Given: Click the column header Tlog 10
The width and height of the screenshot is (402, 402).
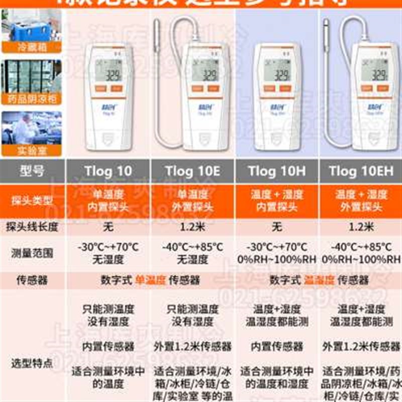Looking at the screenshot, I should (x=108, y=171).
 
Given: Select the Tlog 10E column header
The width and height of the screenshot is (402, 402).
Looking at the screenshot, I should (x=192, y=171).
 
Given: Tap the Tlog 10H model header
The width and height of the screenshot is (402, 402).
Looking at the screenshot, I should (x=276, y=171).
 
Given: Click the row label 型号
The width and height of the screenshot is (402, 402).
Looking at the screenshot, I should (x=32, y=171).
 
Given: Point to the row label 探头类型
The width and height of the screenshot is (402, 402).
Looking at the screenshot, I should (x=32, y=200).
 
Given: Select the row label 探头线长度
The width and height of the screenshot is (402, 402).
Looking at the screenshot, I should (x=32, y=227).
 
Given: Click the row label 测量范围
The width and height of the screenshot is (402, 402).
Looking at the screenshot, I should (x=32, y=253).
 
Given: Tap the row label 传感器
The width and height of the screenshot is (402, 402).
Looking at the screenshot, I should (x=32, y=280).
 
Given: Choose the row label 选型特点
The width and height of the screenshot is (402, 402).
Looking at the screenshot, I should (x=32, y=363).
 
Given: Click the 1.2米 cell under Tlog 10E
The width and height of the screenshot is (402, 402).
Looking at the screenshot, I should (x=192, y=227).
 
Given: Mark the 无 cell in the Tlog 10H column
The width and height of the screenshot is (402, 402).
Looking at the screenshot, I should (x=276, y=227).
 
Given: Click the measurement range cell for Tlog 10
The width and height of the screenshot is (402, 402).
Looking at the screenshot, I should (x=108, y=253).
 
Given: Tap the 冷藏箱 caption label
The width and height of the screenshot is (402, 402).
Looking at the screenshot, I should (x=32, y=48).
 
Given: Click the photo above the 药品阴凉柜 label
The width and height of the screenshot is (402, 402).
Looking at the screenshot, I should (x=32, y=76).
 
